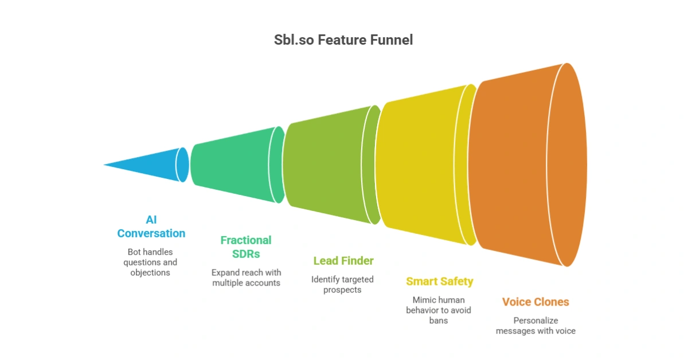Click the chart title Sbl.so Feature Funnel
click(x=343, y=40)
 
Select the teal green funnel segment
click(x=232, y=165)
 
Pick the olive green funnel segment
click(x=327, y=165)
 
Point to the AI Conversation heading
click(x=151, y=226)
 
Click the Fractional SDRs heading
click(x=246, y=247)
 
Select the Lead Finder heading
click(x=343, y=261)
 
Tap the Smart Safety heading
click(x=440, y=281)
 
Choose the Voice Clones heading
click(x=535, y=302)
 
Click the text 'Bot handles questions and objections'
click(x=150, y=262)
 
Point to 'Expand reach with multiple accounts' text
click(x=246, y=277)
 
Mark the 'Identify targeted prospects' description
click(x=342, y=284)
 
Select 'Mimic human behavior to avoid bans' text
click(x=439, y=310)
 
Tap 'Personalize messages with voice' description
click(x=535, y=326)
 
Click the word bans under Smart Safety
click(x=439, y=320)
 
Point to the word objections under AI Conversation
click(x=150, y=273)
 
